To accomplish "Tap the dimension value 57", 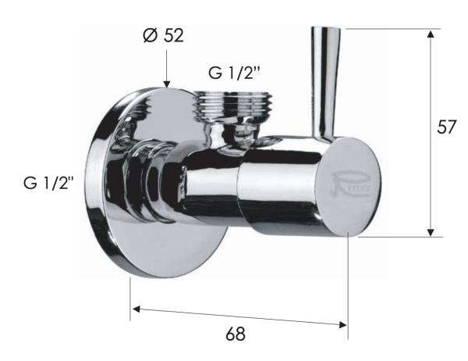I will coord(447,127).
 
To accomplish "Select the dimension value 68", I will coord(235,334).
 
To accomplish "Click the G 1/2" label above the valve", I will coord(234,73).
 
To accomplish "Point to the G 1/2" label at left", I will coord(48,186).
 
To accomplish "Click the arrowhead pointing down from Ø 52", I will coord(167,81).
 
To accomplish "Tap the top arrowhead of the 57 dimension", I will coord(429,35).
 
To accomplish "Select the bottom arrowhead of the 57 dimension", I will coord(429,231).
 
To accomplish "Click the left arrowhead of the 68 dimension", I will coord(136,309).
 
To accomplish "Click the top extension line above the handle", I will coord(390,30).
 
